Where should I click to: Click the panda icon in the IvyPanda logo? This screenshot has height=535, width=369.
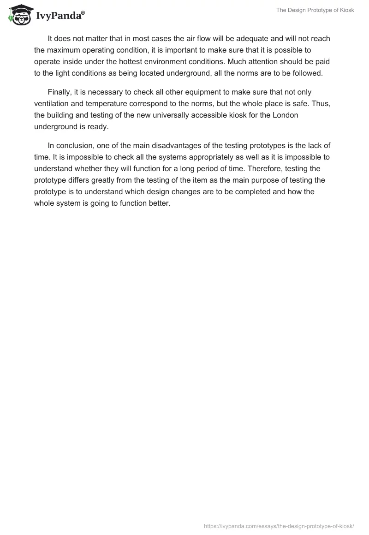pyautogui.click(x=18, y=14)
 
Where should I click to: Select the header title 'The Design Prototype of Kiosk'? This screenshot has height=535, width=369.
pyautogui.click(x=315, y=10)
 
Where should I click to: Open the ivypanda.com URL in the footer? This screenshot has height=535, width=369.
pyautogui.click(x=279, y=525)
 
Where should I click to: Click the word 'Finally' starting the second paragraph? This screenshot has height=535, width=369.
pyautogui.click(x=59, y=93)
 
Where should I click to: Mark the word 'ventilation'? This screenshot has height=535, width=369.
pyautogui.click(x=52, y=104)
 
